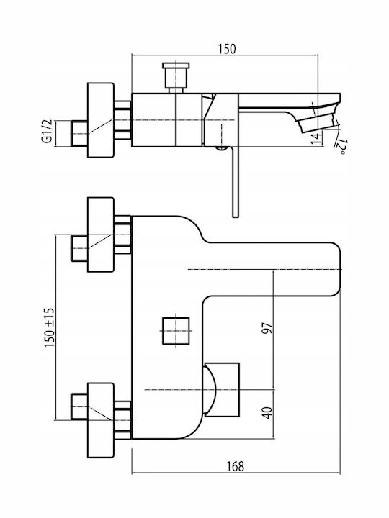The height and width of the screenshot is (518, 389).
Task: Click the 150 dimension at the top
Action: (227, 49)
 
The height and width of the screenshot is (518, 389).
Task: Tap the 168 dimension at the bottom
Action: (235, 466)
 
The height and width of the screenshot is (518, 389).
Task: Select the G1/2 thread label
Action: (47, 131)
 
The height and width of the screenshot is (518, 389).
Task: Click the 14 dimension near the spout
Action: (316, 137)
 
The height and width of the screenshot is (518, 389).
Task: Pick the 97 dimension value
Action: (267, 327)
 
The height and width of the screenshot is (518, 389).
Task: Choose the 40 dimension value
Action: (267, 413)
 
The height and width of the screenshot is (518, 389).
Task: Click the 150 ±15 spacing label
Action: (49, 327)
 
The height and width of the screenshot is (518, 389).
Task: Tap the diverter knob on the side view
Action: (176, 77)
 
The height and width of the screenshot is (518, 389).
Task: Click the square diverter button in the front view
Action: (176, 331)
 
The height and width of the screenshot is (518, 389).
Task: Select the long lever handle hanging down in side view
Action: (235, 182)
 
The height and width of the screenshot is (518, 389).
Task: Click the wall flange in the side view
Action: (101, 120)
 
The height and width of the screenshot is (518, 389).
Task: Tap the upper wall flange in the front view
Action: (101, 235)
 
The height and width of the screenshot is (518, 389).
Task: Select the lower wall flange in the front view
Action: (101, 420)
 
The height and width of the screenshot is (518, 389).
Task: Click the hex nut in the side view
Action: (122, 120)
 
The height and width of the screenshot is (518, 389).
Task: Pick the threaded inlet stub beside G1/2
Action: (79, 133)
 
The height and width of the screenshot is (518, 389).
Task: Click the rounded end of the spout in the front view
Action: (335, 269)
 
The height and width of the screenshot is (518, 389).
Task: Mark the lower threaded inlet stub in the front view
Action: (79, 406)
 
